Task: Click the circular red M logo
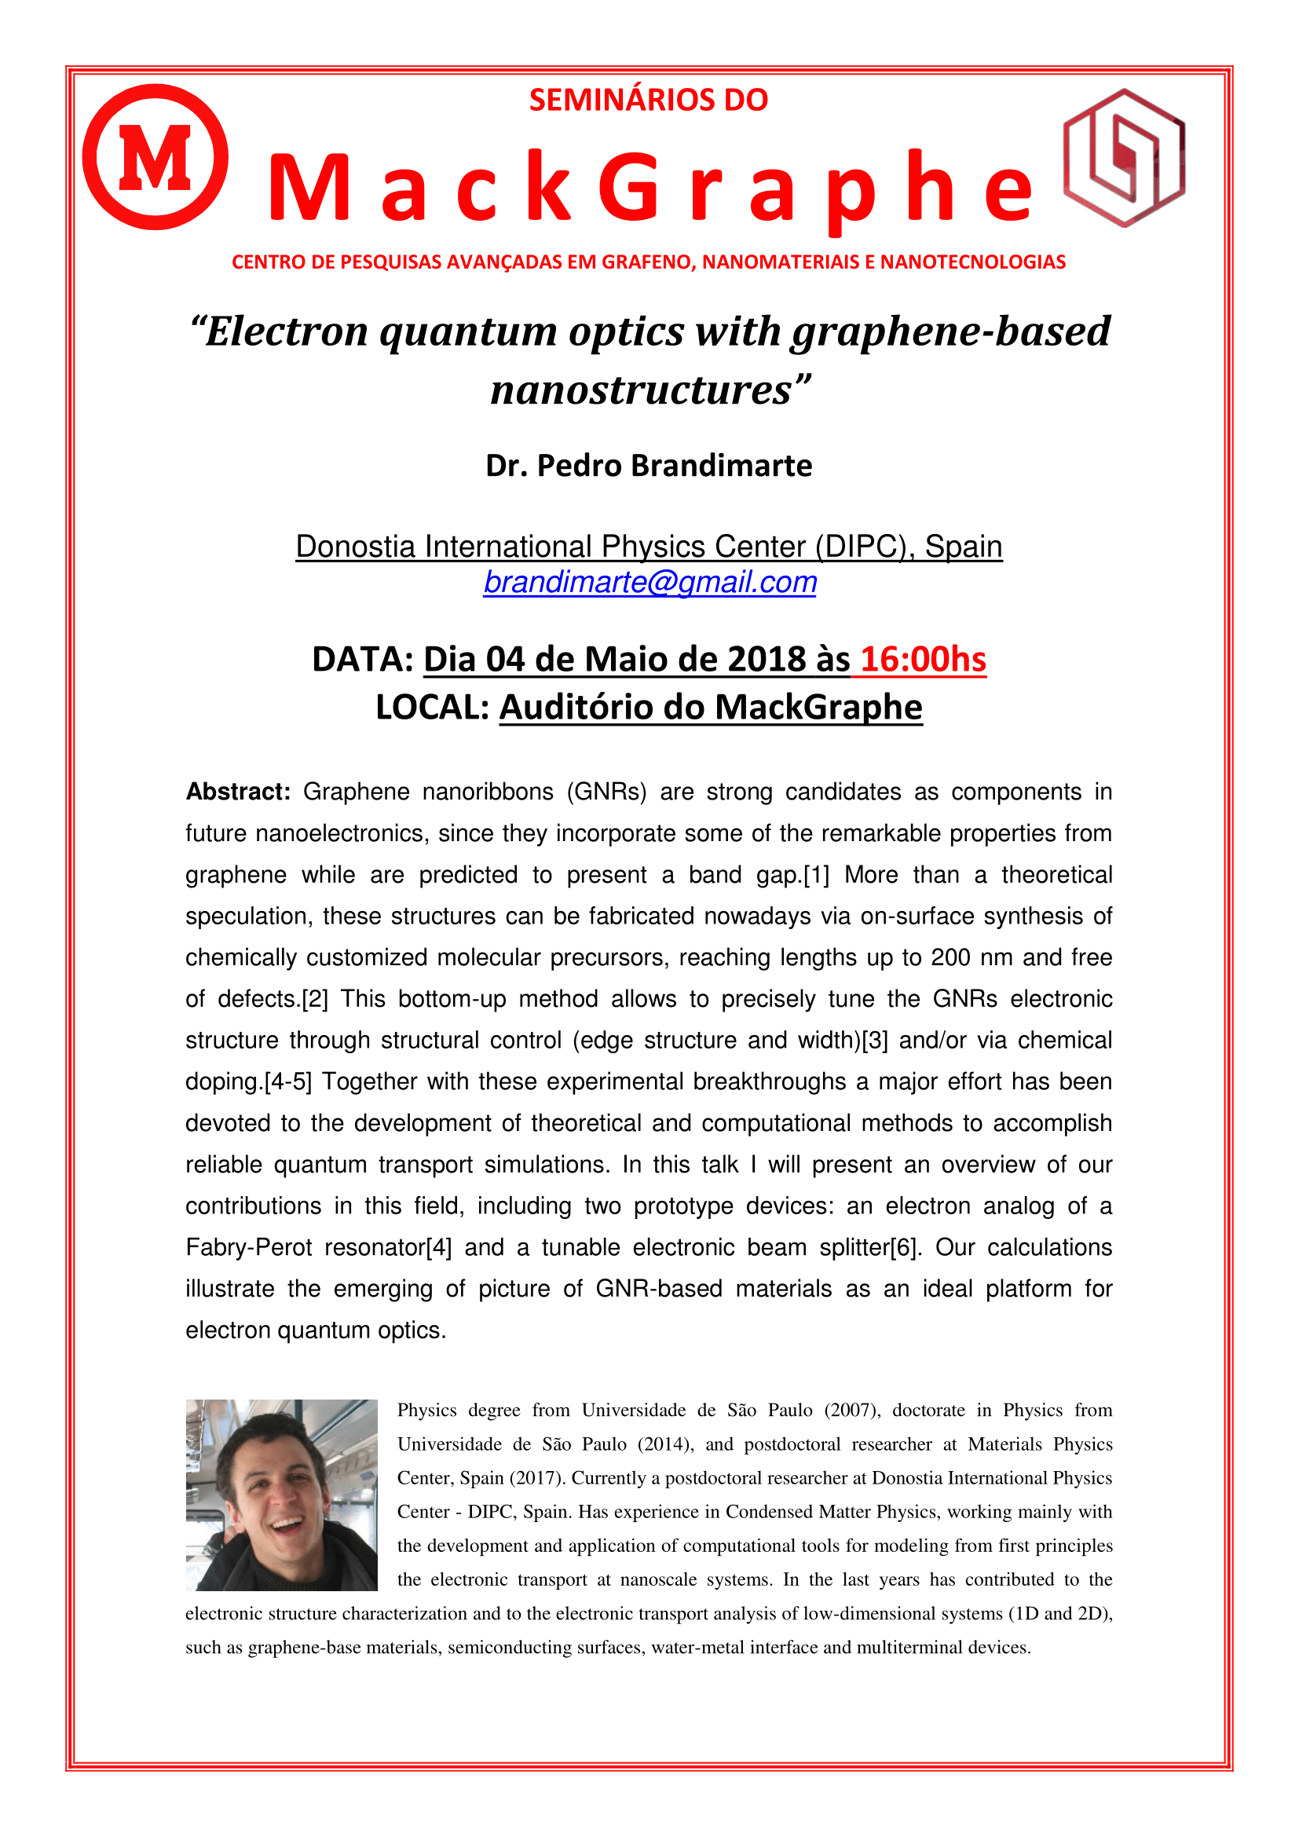point(156,157)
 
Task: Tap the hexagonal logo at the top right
point(1123,158)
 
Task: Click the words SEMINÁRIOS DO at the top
point(649,100)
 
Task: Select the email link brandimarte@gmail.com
point(649,582)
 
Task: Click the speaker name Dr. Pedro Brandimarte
point(649,466)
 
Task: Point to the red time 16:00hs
point(923,659)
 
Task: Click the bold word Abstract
point(237,792)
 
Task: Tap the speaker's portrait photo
point(282,1495)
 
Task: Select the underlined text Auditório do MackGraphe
point(711,708)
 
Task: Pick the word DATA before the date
point(361,659)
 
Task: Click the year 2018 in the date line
point(767,659)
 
